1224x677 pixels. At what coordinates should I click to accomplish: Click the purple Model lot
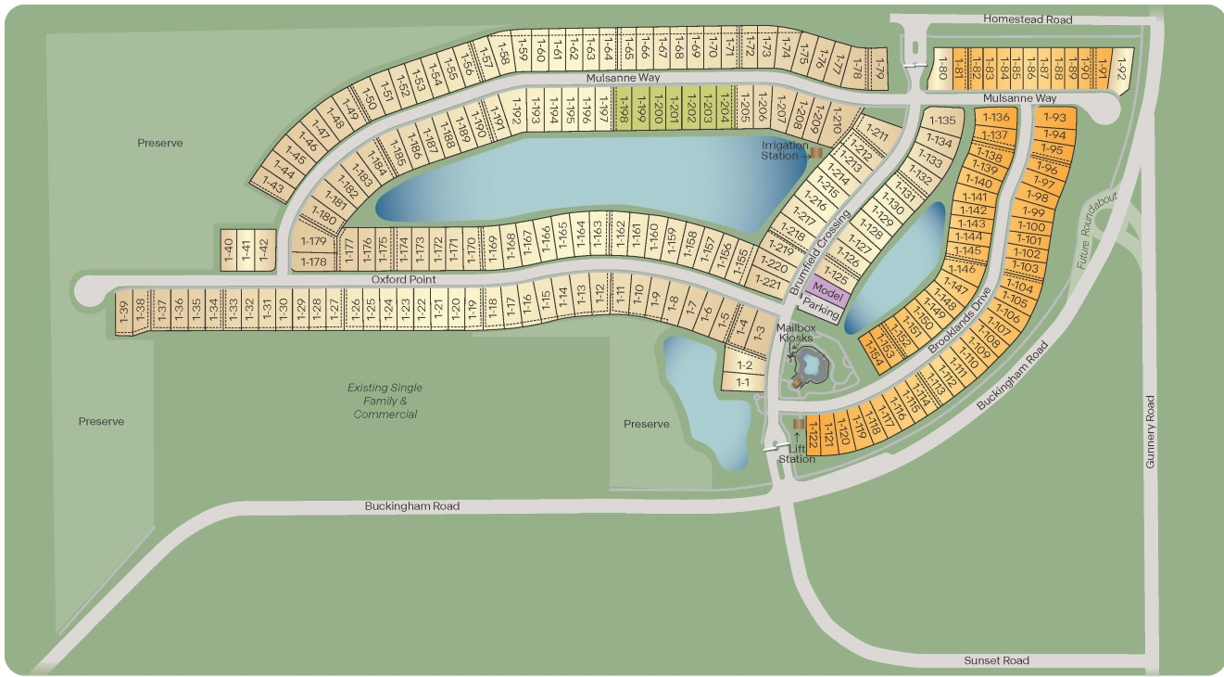coord(826,289)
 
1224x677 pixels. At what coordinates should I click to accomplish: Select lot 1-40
coord(227,250)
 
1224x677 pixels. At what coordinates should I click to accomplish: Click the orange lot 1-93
coord(1054,118)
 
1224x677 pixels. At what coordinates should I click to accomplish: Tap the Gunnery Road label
coord(1150,431)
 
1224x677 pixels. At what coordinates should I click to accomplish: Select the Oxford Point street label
coord(403,279)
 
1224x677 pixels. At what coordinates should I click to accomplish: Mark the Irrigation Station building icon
coord(816,152)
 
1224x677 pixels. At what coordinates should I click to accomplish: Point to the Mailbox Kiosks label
coord(794,332)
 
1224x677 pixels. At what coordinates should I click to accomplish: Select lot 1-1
coord(742,382)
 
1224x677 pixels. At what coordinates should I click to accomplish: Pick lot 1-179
coord(313,241)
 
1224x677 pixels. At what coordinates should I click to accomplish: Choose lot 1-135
coord(941,121)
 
